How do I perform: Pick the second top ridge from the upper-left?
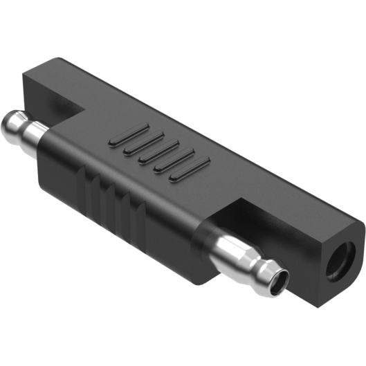tap(143, 143)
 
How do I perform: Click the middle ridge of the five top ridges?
tap(159, 152)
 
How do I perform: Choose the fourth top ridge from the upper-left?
tap(175, 160)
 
